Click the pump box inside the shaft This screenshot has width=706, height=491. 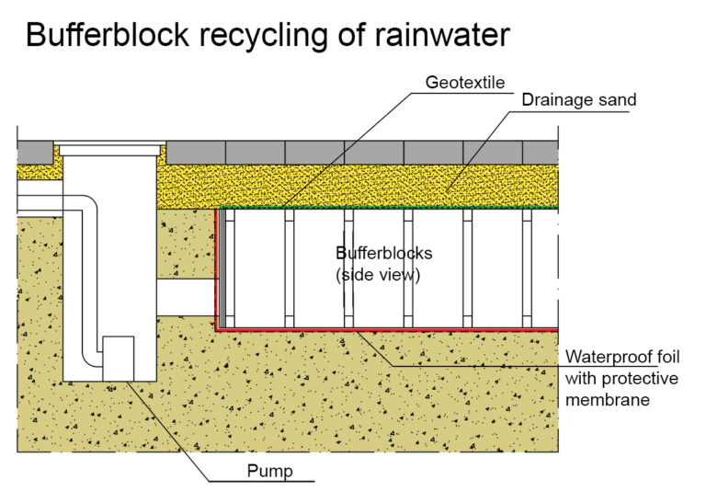(x=118, y=358)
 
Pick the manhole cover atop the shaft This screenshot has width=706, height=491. (x=110, y=145)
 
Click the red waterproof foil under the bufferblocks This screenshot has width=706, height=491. (x=386, y=327)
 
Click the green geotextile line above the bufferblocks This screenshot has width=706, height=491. (x=386, y=209)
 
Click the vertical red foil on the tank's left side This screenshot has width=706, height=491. (x=217, y=267)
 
